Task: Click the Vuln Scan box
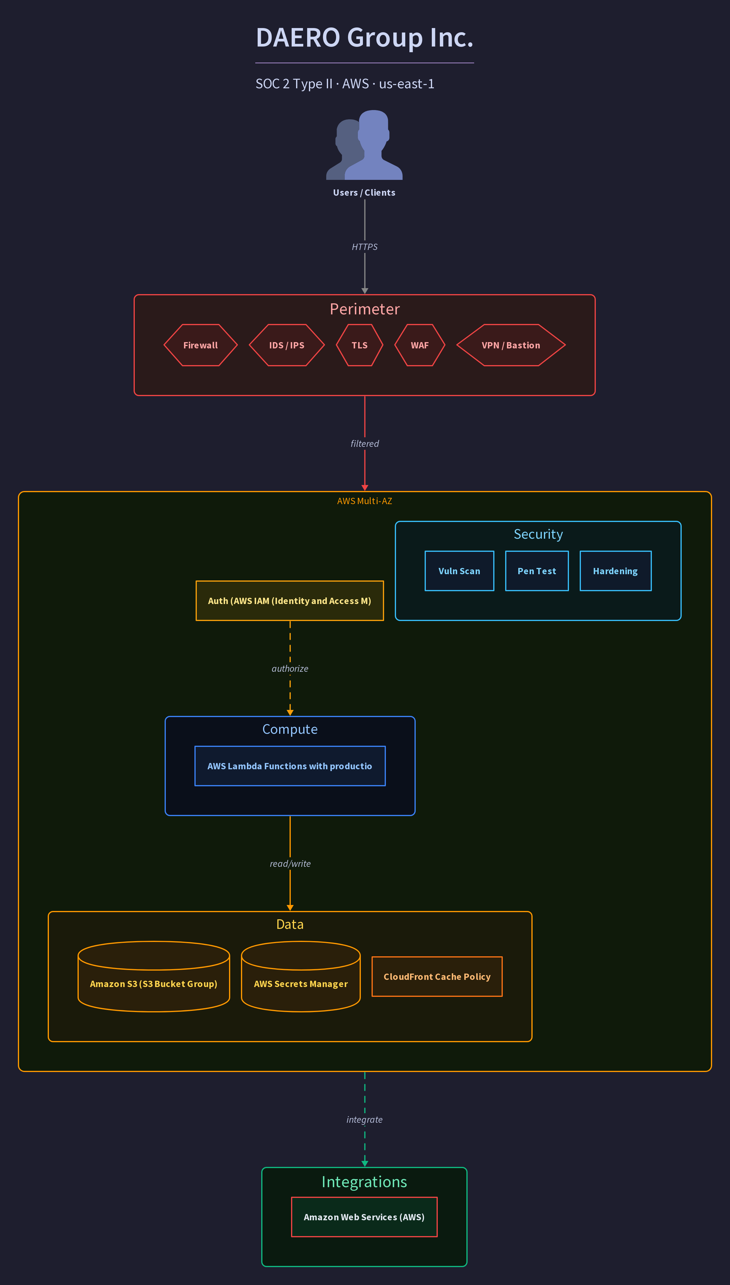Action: pyautogui.click(x=459, y=571)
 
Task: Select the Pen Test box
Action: pyautogui.click(x=537, y=571)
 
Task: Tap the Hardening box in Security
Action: pyautogui.click(x=616, y=571)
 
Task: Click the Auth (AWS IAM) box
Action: pyautogui.click(x=290, y=601)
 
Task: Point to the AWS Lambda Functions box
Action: pyautogui.click(x=290, y=766)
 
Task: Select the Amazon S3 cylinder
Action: pyautogui.click(x=154, y=977)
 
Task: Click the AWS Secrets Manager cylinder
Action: pyautogui.click(x=301, y=977)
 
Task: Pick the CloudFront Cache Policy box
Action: pyautogui.click(x=437, y=977)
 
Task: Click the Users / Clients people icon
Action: pyautogui.click(x=364, y=145)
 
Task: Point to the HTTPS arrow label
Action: pyautogui.click(x=364, y=247)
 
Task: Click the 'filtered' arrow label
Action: pyautogui.click(x=364, y=444)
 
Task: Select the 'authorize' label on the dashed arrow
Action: pyautogui.click(x=290, y=669)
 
